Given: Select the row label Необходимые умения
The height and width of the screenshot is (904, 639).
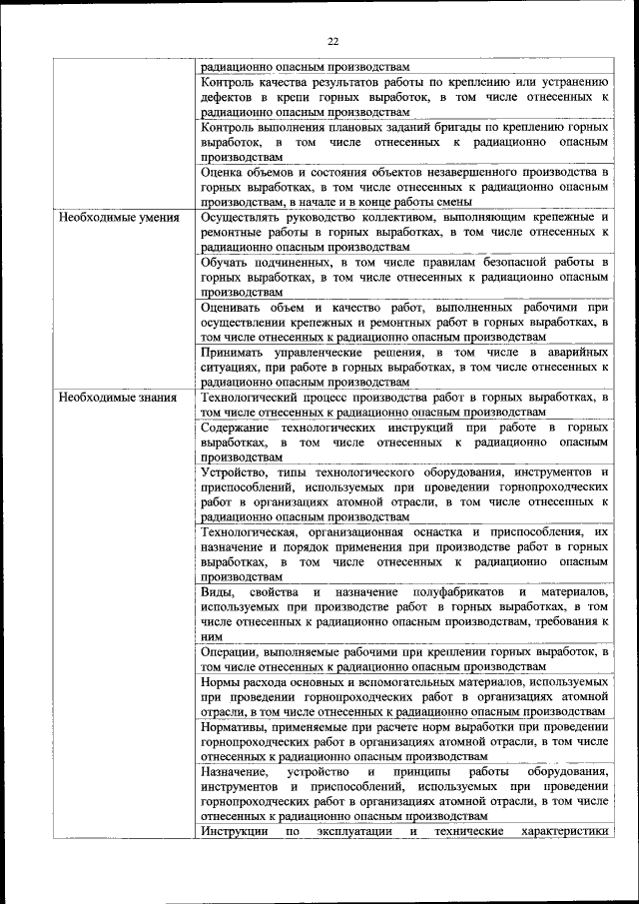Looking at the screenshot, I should (106, 217).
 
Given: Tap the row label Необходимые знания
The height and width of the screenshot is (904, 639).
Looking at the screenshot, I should (104, 398).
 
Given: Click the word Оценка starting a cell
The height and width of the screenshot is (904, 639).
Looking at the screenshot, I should (223, 172).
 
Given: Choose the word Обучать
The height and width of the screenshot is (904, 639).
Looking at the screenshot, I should (226, 263).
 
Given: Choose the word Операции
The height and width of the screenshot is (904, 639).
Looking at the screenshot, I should (232, 652).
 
